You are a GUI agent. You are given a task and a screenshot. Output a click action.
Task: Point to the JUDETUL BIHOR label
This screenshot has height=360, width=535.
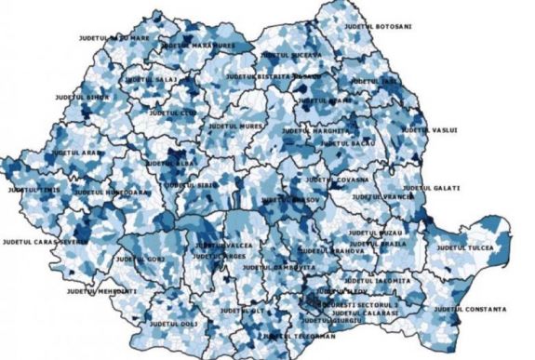(82, 97)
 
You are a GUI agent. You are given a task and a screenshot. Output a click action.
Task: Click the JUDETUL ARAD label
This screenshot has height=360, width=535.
(77, 152)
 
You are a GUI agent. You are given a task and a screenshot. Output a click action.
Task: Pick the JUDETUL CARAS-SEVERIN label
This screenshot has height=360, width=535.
(45, 241)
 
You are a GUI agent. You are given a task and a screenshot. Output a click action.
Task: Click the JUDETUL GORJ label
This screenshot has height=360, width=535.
(142, 258)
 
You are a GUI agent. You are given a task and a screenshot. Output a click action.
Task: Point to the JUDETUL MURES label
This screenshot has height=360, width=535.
(234, 125)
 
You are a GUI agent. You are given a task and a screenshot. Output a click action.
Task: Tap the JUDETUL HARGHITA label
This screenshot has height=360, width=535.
(309, 130)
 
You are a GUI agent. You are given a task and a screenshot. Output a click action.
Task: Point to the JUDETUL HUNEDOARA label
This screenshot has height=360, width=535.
(112, 192)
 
